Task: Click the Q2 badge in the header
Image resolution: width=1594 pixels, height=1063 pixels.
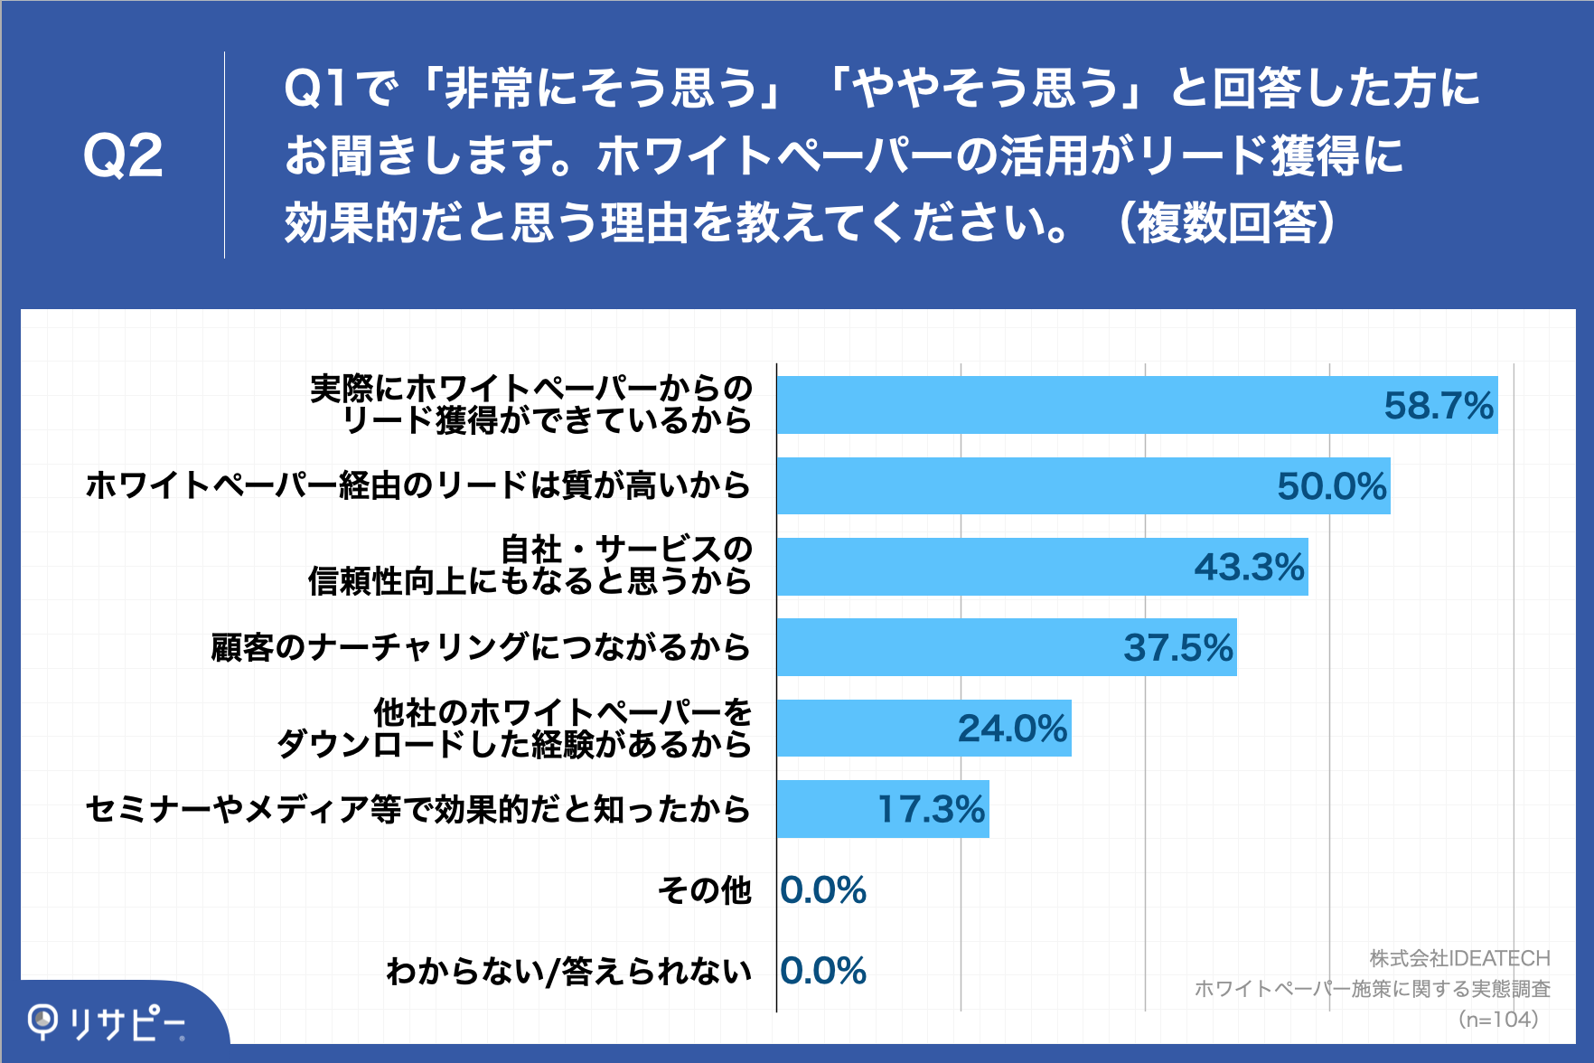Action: (123, 155)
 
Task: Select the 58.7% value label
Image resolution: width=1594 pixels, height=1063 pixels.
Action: (1439, 406)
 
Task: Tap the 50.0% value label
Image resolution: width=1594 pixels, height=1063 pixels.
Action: (1331, 486)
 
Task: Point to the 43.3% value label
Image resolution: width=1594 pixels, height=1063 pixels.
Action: (1249, 568)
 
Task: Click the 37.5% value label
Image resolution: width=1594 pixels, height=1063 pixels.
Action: (1177, 648)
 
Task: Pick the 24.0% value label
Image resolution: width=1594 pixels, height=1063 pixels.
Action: (1012, 729)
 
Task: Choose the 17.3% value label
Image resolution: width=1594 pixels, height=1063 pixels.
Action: (932, 809)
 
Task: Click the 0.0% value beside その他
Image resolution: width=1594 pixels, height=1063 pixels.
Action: (823, 890)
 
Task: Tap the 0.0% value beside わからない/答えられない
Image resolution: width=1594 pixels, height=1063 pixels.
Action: (823, 971)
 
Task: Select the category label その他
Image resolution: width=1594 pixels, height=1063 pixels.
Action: (704, 890)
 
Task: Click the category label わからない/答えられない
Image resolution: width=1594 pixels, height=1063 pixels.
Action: (568, 971)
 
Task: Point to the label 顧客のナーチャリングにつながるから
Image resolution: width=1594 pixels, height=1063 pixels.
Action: (480, 647)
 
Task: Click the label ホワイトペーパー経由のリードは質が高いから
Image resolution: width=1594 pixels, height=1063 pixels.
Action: (417, 485)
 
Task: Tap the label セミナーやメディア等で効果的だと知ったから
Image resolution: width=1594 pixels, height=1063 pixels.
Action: (417, 809)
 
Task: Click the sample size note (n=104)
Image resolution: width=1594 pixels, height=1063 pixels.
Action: (1498, 1020)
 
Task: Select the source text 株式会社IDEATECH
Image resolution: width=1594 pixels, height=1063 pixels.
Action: (1459, 958)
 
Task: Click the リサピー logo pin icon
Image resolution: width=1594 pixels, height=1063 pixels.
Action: (42, 1021)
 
